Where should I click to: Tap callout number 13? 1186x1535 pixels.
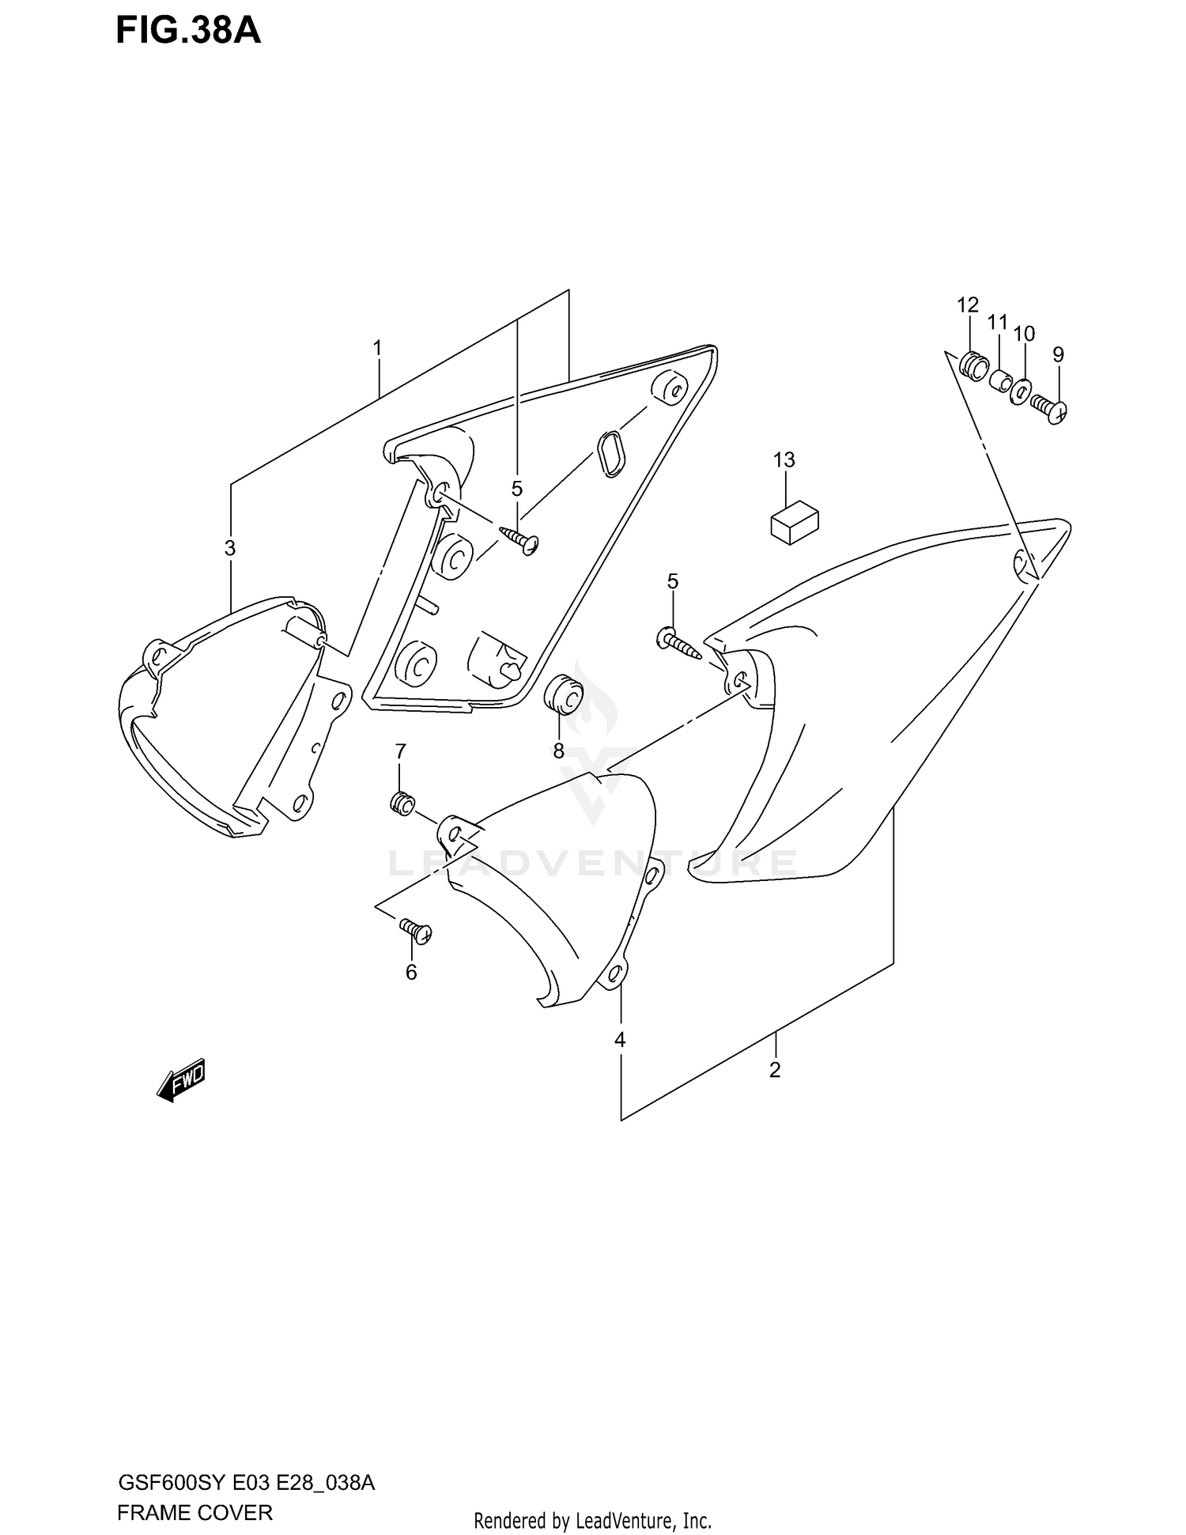click(784, 459)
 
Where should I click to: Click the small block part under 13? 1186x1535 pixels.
click(794, 522)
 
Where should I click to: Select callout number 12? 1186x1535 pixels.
click(968, 304)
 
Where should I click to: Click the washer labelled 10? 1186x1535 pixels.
click(1021, 391)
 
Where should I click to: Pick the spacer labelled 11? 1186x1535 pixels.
click(1000, 380)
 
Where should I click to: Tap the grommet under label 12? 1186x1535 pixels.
click(973, 365)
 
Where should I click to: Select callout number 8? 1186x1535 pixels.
click(558, 750)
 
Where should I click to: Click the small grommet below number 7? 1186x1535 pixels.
click(402, 803)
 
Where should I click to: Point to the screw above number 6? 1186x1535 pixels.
click(416, 930)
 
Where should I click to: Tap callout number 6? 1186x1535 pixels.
click(411, 972)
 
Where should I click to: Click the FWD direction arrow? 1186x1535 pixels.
click(181, 1079)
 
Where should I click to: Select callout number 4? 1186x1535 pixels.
click(620, 1040)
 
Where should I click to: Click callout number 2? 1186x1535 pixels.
click(775, 1070)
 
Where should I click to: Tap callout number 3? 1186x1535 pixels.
click(229, 547)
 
